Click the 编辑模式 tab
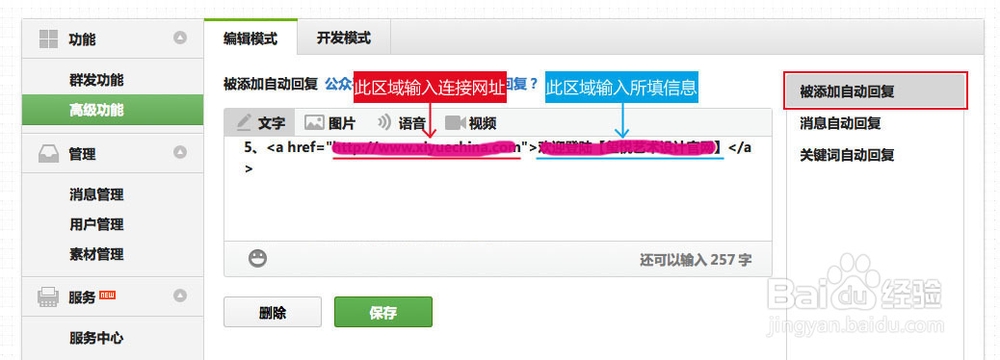250,38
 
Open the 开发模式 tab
343,38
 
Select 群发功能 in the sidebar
97,80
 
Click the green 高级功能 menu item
97,109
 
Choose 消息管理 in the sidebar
97,195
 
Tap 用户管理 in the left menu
97,224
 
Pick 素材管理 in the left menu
97,254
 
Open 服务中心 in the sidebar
97,338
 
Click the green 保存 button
383,313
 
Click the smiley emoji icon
258,259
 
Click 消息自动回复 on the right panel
840,124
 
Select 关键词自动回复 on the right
846,155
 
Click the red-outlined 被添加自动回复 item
875,91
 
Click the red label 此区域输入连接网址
430,88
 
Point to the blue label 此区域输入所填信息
621,88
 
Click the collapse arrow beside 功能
180,39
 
